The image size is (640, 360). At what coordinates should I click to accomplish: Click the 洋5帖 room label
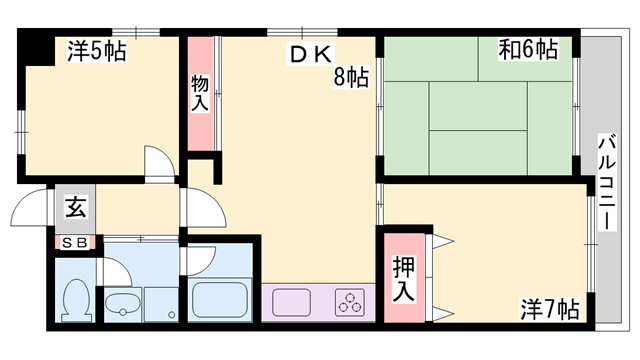[96, 51]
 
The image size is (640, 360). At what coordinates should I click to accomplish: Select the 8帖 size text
[351, 77]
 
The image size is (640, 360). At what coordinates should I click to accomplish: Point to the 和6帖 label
[528, 50]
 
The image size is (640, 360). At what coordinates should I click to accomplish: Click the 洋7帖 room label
[549, 309]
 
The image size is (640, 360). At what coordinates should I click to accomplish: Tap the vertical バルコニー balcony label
[607, 182]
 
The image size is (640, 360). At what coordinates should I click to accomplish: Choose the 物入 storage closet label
[200, 93]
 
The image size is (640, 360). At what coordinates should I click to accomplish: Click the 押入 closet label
[403, 279]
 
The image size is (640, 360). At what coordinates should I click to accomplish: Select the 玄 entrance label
[76, 208]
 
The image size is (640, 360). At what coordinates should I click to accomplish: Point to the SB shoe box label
[76, 243]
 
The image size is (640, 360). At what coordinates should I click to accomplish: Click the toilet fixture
[76, 300]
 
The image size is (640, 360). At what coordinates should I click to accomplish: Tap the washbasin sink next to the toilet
[123, 304]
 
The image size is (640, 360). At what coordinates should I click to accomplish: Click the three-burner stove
[350, 302]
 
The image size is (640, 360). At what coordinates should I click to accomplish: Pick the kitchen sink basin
[291, 302]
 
